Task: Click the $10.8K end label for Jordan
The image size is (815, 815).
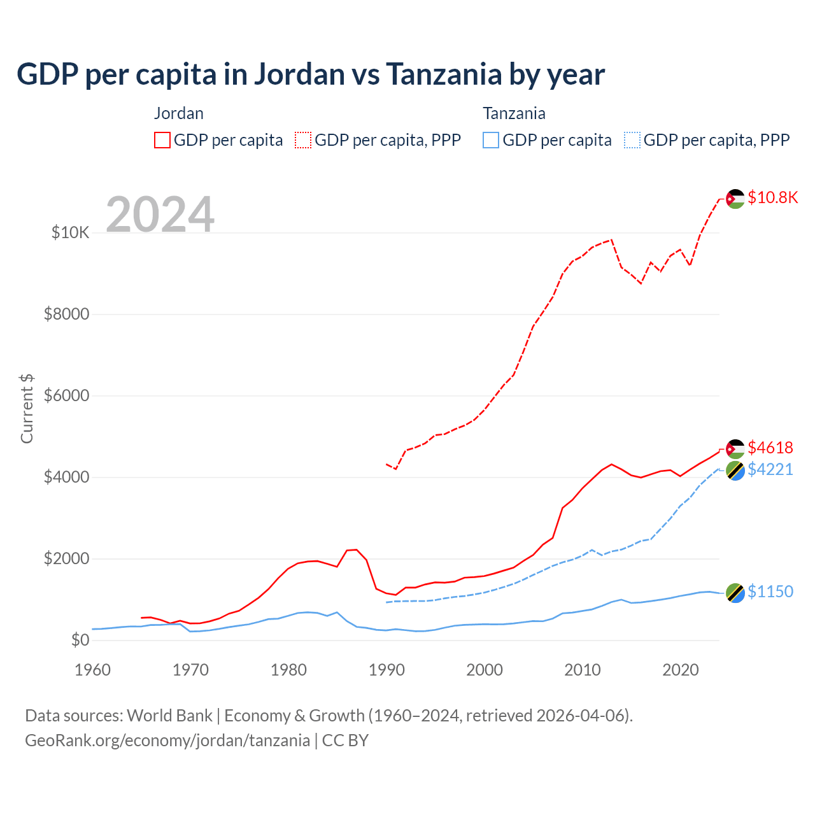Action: click(x=772, y=197)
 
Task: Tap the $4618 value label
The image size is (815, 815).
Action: click(x=770, y=448)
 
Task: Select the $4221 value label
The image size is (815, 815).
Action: click(x=770, y=469)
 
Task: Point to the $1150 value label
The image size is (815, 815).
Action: click(x=770, y=592)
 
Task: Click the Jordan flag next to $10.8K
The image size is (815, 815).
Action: click(x=735, y=199)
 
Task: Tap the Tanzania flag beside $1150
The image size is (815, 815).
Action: click(x=735, y=593)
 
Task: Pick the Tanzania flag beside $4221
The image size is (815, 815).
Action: click(x=735, y=471)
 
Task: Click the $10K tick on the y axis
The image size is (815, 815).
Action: click(x=71, y=232)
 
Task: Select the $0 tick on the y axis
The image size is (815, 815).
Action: click(x=80, y=640)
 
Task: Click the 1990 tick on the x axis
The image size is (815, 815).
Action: click(x=386, y=670)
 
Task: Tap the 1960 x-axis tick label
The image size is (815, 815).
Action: click(x=93, y=670)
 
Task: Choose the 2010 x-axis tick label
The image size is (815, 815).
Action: click(x=583, y=670)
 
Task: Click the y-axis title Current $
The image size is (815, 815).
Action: click(x=27, y=409)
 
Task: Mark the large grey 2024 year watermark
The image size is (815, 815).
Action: click(x=160, y=215)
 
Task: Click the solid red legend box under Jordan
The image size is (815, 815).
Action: click(x=162, y=140)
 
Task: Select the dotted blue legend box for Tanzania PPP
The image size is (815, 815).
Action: click(x=632, y=140)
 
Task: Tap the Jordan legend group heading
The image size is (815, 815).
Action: click(x=179, y=113)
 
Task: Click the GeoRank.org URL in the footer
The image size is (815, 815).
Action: click(x=167, y=741)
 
